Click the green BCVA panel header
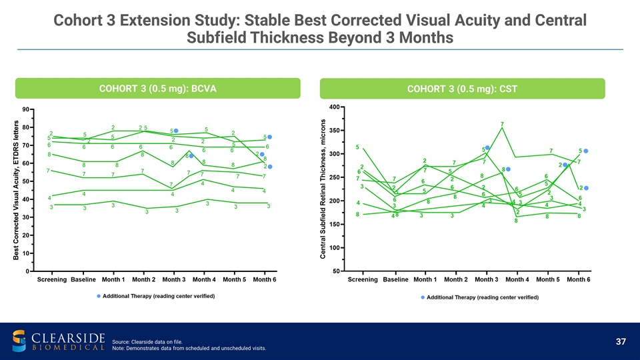click(158, 89)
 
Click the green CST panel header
click(462, 89)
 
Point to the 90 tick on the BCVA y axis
click(24, 109)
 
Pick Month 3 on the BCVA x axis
click(174, 280)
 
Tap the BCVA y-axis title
click(17, 190)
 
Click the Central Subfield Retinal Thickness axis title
click(322, 190)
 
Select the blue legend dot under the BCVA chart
click(99, 295)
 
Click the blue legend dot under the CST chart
click(423, 297)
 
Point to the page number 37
click(621, 342)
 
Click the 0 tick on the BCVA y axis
click(27, 271)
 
